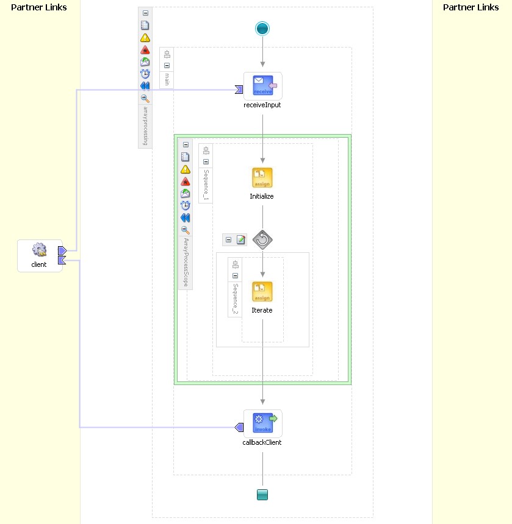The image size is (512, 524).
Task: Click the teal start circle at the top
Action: coord(262,29)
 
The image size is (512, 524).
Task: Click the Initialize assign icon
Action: coord(262,178)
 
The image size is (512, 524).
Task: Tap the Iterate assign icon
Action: coord(262,292)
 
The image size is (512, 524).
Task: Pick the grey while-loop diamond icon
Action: coord(262,239)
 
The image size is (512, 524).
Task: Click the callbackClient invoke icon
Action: coord(262,422)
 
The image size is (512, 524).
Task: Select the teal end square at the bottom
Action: coord(262,495)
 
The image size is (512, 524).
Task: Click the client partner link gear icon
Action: coord(40,250)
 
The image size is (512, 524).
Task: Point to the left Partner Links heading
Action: coord(39,7)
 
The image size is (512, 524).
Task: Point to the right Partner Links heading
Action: coord(471,7)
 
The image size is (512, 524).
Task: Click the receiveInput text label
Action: coord(262,105)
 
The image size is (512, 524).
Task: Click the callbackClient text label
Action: coord(262,442)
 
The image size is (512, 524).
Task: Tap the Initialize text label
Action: coord(262,196)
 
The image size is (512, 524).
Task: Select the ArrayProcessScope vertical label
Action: coord(186,262)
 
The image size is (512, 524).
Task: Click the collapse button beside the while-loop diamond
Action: coord(228,239)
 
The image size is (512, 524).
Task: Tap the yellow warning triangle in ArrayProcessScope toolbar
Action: coord(186,169)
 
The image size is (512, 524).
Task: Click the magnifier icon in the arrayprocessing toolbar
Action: coord(145,98)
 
